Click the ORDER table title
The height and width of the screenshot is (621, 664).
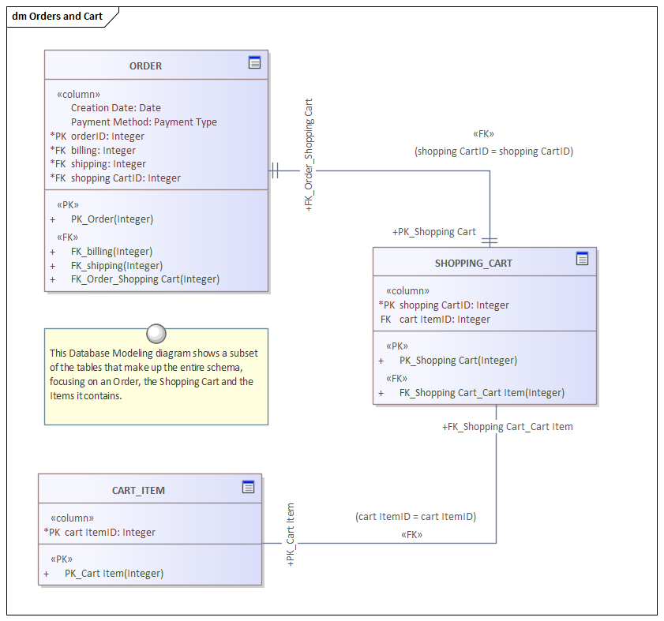[x=145, y=66]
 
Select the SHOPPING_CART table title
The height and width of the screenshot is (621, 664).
[x=473, y=264]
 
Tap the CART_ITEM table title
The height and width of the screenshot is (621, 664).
[x=138, y=491]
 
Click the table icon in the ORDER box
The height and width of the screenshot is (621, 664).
[x=254, y=63]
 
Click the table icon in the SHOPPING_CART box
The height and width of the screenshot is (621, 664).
[x=582, y=259]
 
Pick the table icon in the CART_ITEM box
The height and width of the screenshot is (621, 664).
[x=248, y=487]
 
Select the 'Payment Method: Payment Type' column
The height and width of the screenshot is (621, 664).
[x=144, y=122]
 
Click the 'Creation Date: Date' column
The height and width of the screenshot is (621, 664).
[x=115, y=108]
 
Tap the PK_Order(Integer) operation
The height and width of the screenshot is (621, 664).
[x=111, y=219]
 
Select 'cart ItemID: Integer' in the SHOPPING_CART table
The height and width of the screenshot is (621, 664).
[x=445, y=320]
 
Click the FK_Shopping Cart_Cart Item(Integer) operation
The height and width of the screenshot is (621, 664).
[x=482, y=393]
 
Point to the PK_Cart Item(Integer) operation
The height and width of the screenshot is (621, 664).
[x=114, y=574]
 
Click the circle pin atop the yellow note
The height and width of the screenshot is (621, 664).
[x=156, y=332]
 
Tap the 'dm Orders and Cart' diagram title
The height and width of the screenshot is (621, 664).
[x=58, y=17]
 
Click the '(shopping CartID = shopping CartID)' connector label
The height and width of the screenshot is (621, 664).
[x=493, y=152]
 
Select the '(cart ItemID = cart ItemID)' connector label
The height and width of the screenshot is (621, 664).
[x=415, y=517]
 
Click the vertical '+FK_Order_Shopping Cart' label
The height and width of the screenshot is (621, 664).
[x=309, y=155]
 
